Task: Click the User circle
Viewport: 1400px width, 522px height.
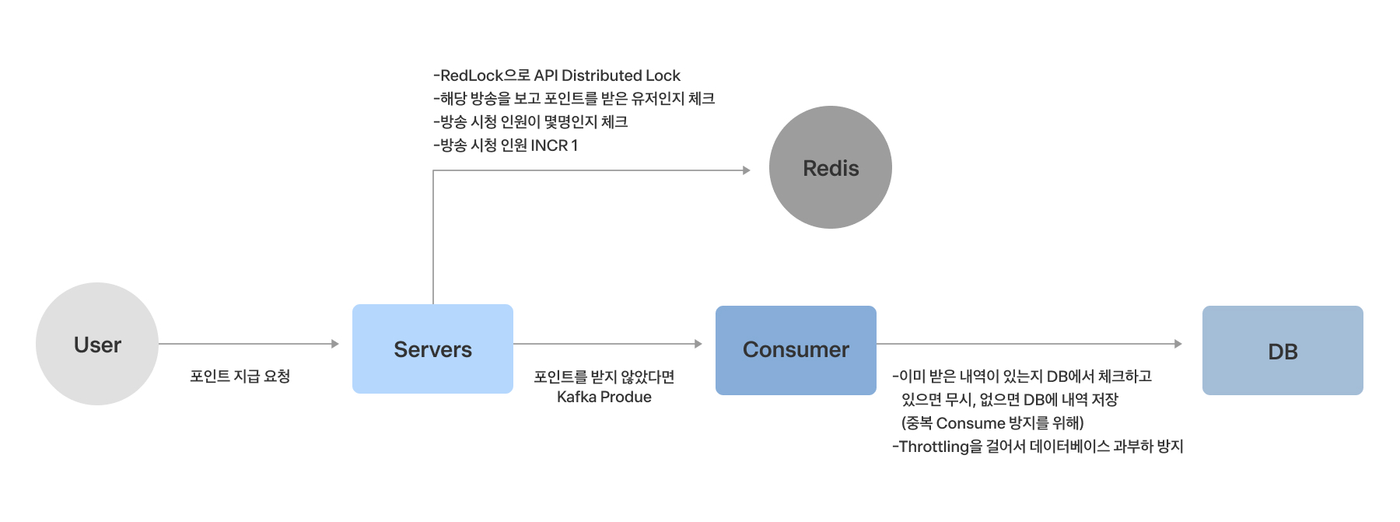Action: [x=97, y=344]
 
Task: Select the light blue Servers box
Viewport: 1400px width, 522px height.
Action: [x=432, y=349]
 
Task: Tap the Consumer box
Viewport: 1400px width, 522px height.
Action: [x=796, y=350]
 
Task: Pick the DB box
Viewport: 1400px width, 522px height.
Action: [x=1283, y=350]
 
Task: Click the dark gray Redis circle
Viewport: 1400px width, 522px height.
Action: [x=831, y=167]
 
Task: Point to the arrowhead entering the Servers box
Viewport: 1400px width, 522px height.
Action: [x=335, y=344]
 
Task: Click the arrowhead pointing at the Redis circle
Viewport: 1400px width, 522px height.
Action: [x=747, y=170]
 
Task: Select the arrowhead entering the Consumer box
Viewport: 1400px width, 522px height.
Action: [x=698, y=344]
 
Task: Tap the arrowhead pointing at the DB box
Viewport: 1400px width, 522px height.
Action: [x=1178, y=344]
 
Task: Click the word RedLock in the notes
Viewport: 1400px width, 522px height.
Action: [x=471, y=75]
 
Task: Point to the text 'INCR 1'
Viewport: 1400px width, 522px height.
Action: [x=555, y=145]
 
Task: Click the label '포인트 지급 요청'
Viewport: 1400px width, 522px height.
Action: [x=240, y=377]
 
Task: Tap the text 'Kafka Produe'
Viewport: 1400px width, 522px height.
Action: [x=604, y=397]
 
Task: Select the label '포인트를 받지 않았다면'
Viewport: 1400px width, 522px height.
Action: [x=604, y=377]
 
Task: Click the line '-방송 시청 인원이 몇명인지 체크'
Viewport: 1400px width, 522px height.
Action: [x=530, y=122]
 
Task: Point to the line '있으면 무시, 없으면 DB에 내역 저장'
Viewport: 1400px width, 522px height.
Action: [x=1010, y=400]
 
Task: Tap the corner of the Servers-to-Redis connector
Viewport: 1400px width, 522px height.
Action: [x=433, y=170]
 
